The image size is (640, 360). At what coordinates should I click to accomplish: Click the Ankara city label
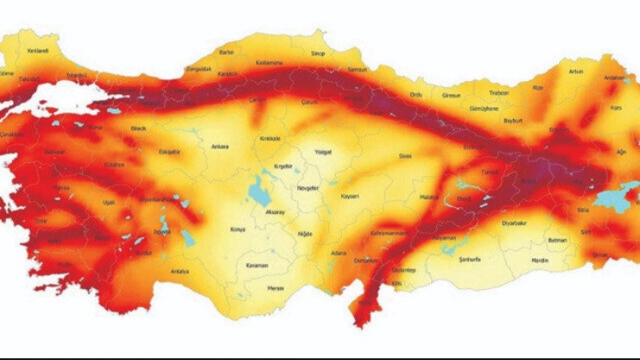click(x=220, y=147)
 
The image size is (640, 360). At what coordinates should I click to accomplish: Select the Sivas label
click(x=404, y=158)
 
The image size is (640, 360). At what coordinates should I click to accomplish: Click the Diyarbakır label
click(x=515, y=223)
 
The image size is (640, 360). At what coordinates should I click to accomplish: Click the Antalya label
click(x=180, y=272)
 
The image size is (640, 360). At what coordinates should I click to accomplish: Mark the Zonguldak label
click(x=198, y=70)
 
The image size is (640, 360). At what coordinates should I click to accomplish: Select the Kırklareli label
click(x=38, y=51)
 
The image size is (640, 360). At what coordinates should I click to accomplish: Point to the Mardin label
click(x=540, y=260)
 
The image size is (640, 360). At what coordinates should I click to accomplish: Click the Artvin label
click(x=578, y=71)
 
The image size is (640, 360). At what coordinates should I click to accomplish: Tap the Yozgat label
click(x=323, y=152)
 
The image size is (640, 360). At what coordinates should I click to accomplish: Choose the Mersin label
click(x=276, y=288)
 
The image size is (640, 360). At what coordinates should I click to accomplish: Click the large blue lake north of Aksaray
click(x=258, y=193)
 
